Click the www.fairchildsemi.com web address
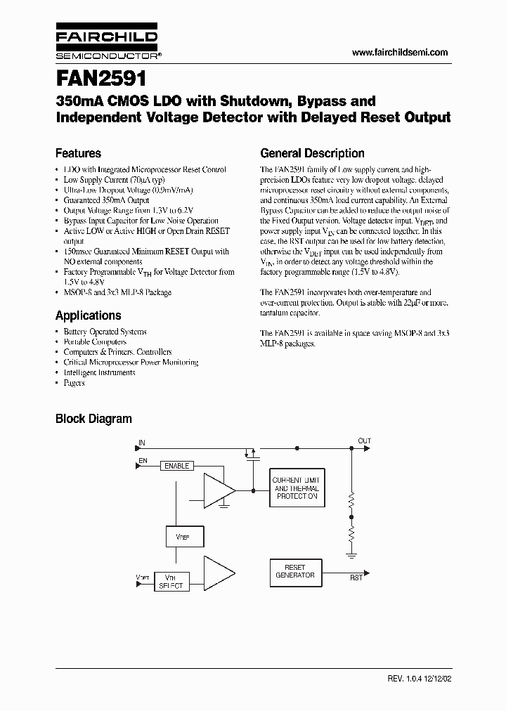click(399, 53)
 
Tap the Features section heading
click(78, 153)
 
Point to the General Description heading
click(312, 153)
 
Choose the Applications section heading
click(88, 315)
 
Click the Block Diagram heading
click(93, 419)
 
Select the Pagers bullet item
click(74, 383)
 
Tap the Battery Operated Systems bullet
click(105, 331)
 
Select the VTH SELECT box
click(171, 581)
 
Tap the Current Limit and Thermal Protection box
click(297, 488)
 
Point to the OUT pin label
click(364, 441)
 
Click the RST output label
click(356, 578)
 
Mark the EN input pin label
click(143, 460)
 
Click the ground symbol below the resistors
click(351, 554)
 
